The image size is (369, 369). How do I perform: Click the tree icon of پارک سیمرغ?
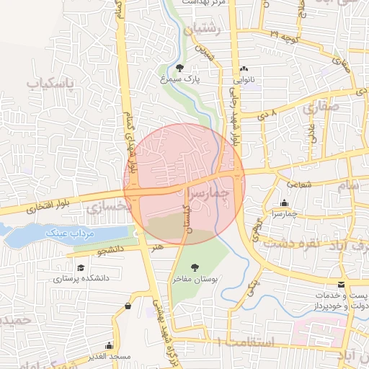(190, 67)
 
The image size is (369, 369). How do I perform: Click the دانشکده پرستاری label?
(81, 277)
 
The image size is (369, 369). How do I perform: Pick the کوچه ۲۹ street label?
(283, 35)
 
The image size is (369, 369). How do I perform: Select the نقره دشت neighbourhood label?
(290, 242)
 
